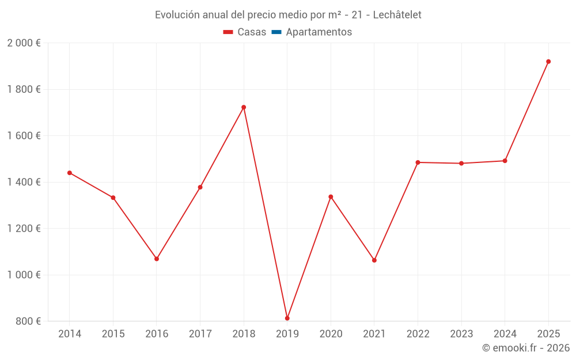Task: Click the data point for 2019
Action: coord(287,318)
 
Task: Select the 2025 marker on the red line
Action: coord(548,62)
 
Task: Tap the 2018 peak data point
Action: coord(244,107)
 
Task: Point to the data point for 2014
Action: coord(70,173)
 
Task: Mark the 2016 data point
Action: coord(157,259)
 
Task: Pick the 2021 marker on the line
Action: coord(374,260)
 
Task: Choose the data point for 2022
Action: coord(418,162)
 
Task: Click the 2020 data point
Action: coord(331,197)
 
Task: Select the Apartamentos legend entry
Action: coord(319,32)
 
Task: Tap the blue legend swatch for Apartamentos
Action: coord(276,32)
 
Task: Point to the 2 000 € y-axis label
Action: coord(24,43)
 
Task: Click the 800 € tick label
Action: coord(28,321)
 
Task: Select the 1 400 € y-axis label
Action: coord(24,182)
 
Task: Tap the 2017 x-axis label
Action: coord(200,334)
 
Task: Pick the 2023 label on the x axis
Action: coord(461,334)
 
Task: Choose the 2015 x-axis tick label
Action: coord(113,334)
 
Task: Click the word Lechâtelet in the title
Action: coord(397,15)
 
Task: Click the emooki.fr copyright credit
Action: coord(525,348)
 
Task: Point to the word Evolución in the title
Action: coord(175,15)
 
